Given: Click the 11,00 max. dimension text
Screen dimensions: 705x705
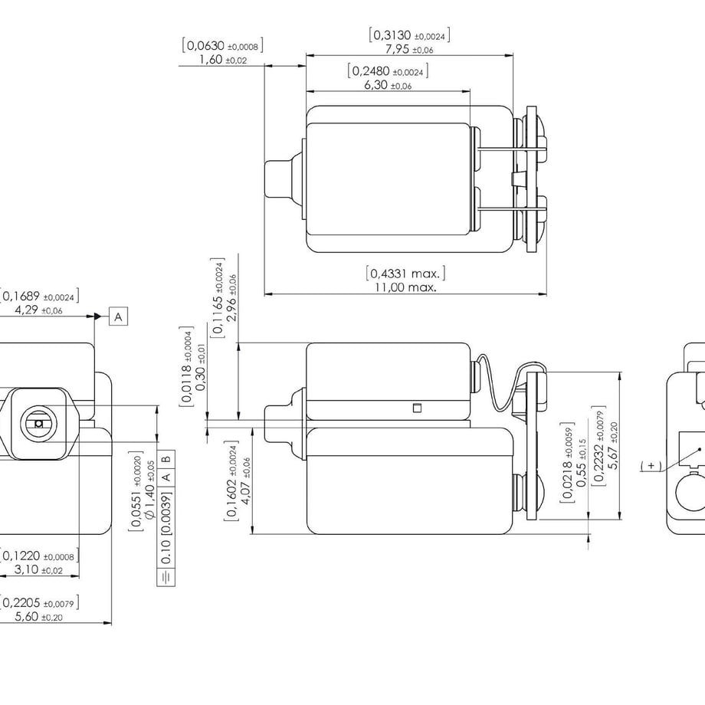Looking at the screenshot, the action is click(x=405, y=287).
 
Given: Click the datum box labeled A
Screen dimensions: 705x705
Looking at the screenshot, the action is click(x=118, y=316).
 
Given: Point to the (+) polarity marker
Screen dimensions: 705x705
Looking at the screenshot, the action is click(x=651, y=466).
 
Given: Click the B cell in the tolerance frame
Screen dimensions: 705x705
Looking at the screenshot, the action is click(x=166, y=459).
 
